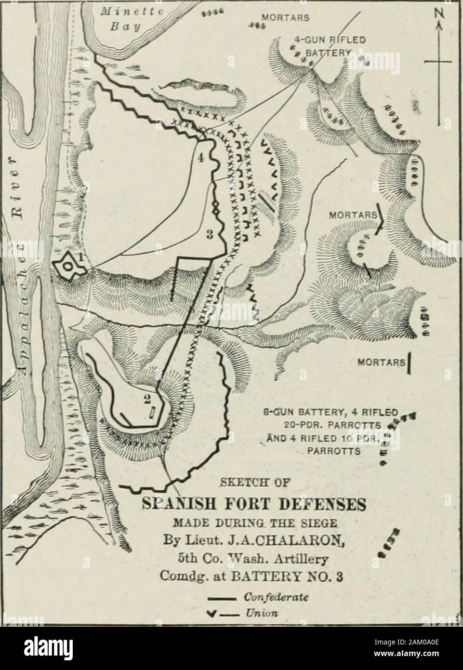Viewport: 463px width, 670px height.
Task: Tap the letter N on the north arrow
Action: [x=438, y=20]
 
